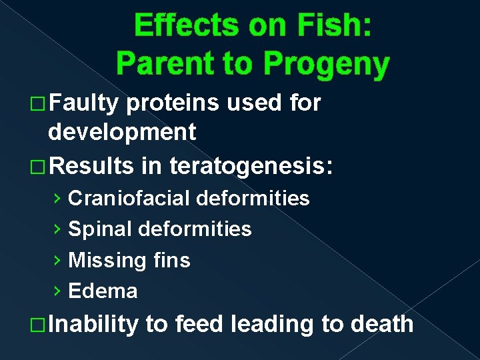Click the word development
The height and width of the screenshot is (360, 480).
click(122, 132)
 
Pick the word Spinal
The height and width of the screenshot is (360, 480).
click(100, 229)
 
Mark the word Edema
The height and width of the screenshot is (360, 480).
click(103, 291)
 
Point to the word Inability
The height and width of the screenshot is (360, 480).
click(93, 324)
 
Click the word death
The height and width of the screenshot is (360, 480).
click(381, 324)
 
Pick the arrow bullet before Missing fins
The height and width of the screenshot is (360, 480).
click(58, 260)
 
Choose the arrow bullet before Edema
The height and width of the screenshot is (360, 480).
click(58, 291)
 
